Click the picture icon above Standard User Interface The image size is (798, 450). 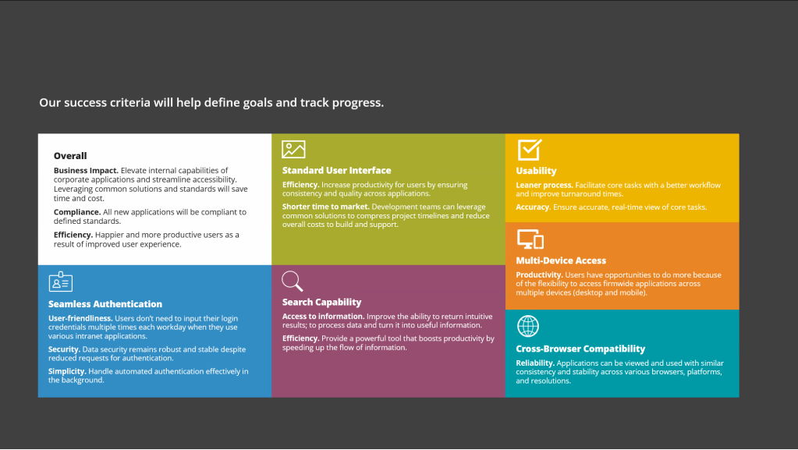[293, 149]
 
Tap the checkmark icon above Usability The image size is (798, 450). [530, 150]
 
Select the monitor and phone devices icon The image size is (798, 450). [530, 239]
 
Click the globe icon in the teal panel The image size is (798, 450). [528, 326]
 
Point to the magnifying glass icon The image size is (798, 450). [292, 281]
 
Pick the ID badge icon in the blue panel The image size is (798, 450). [61, 282]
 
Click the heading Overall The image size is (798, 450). [70, 156]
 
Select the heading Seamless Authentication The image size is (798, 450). [105, 304]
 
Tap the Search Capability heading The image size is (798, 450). [321, 302]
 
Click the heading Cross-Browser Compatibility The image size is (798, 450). [580, 349]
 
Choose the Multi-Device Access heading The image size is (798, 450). [561, 260]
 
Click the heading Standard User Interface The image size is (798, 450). [336, 170]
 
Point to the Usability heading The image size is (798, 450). [536, 171]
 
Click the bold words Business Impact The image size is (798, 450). [86, 171]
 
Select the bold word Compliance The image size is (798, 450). [77, 212]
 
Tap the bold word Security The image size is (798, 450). [64, 349]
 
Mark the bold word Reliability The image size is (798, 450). [535, 363]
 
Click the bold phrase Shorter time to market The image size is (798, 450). [326, 207]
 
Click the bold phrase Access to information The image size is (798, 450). [323, 316]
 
